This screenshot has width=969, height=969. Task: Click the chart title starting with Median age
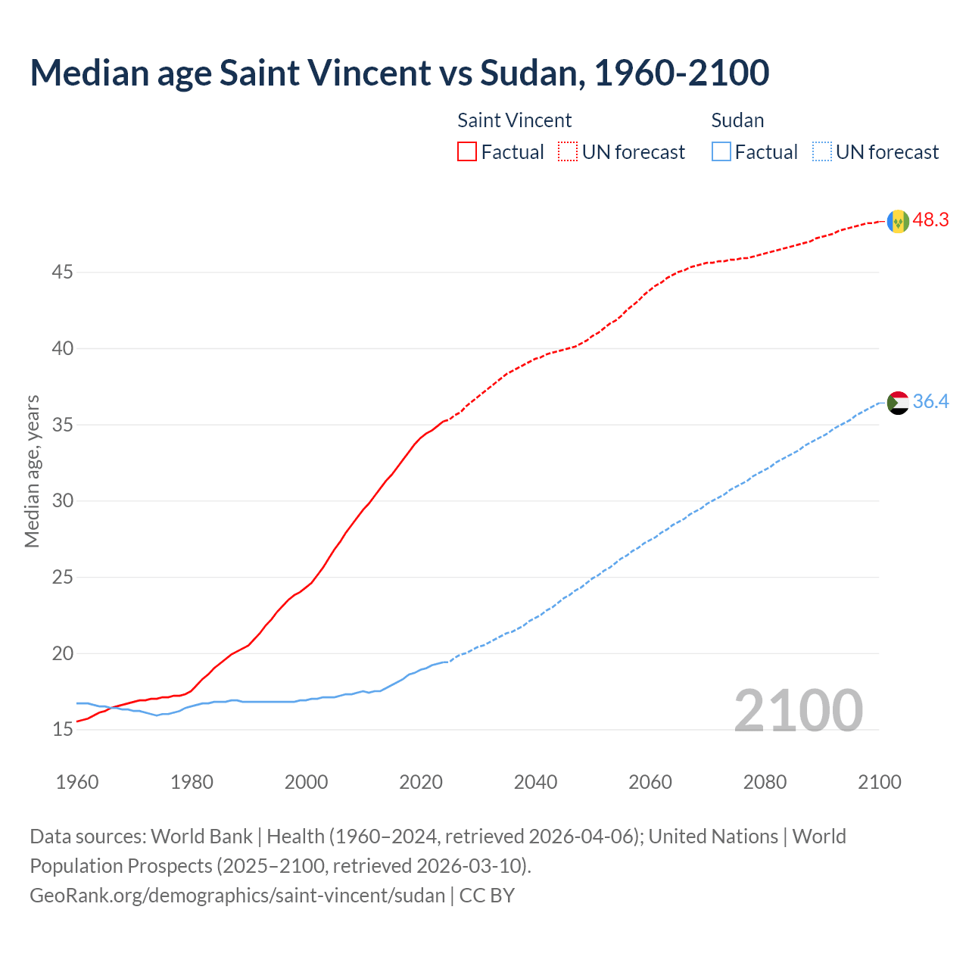(x=400, y=73)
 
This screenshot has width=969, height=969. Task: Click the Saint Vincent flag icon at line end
(x=898, y=221)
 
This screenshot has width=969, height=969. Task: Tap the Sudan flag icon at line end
(x=898, y=403)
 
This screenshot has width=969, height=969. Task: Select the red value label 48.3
(x=930, y=220)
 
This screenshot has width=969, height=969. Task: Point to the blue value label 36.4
(x=930, y=401)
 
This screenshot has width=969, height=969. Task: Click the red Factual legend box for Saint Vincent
(x=467, y=152)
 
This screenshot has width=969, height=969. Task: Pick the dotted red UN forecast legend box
(x=568, y=152)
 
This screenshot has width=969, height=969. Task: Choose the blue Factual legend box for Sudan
(x=721, y=152)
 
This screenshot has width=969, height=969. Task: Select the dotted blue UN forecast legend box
(x=821, y=152)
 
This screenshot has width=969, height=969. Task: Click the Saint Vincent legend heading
(x=514, y=120)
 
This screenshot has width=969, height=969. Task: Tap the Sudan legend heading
(x=737, y=120)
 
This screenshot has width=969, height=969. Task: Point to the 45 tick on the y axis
(x=62, y=272)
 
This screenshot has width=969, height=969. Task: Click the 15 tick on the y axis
(x=62, y=730)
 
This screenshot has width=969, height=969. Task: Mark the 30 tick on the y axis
(x=62, y=501)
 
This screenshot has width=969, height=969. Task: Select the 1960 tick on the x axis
(x=77, y=782)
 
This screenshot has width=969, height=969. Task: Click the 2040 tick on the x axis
(x=535, y=782)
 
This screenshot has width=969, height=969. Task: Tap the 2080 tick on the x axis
(x=765, y=782)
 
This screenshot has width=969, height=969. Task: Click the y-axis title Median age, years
(x=32, y=471)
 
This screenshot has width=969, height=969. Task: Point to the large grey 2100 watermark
(x=798, y=710)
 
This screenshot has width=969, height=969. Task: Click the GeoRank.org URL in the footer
(x=237, y=896)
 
